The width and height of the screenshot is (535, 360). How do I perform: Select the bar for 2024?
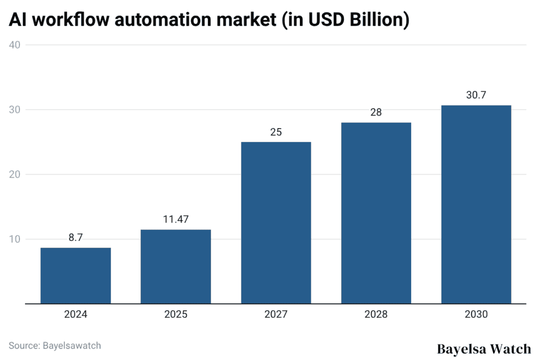click(76, 275)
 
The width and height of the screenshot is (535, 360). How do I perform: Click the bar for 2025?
click(176, 266)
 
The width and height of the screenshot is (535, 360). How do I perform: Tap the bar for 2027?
click(276, 223)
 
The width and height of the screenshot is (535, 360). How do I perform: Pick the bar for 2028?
click(376, 213)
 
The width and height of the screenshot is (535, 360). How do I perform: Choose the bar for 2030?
click(476, 204)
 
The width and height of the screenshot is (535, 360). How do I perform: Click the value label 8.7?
click(76, 238)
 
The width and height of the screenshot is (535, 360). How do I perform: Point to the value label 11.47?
click(176, 220)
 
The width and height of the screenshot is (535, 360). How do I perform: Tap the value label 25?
click(276, 132)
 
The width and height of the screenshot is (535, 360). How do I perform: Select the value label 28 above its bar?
click(376, 113)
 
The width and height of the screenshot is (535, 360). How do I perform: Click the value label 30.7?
click(476, 96)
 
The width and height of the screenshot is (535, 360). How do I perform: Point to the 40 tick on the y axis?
click(15, 45)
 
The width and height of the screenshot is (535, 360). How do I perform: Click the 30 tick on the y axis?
click(15, 110)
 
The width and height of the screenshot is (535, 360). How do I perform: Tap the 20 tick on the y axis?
click(15, 175)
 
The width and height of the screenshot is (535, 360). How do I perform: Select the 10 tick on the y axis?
click(15, 239)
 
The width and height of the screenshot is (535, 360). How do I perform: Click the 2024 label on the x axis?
click(76, 315)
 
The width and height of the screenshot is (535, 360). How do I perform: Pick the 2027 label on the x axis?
click(276, 315)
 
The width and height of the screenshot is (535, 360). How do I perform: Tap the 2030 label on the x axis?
click(476, 315)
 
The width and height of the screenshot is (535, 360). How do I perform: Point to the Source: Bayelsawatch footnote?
click(55, 345)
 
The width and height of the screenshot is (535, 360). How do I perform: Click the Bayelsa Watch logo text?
click(483, 349)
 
